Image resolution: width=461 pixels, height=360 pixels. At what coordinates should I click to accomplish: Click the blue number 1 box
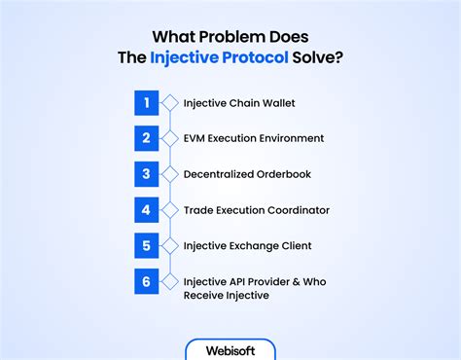tap(146, 102)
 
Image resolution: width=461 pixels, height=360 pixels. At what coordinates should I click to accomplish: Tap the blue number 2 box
tap(146, 138)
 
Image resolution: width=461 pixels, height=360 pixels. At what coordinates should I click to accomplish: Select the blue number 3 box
tap(146, 174)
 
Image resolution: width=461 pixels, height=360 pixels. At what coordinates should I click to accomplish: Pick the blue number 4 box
tap(146, 210)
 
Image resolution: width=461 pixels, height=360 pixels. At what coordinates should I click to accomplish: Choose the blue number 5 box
tap(146, 246)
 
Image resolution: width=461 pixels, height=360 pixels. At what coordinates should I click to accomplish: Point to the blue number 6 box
tap(146, 282)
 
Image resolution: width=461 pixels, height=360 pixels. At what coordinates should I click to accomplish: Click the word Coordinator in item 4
tap(295, 210)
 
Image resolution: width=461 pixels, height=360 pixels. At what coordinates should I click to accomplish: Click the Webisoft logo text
tap(230, 349)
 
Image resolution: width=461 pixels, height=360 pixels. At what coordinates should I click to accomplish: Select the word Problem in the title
tap(242, 30)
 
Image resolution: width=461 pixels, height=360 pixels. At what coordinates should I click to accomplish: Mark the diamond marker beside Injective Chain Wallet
tap(169, 102)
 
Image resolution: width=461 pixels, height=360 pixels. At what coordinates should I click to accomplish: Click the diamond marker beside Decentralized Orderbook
tap(169, 174)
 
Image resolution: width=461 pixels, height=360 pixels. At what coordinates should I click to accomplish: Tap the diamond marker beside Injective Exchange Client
tap(169, 246)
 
